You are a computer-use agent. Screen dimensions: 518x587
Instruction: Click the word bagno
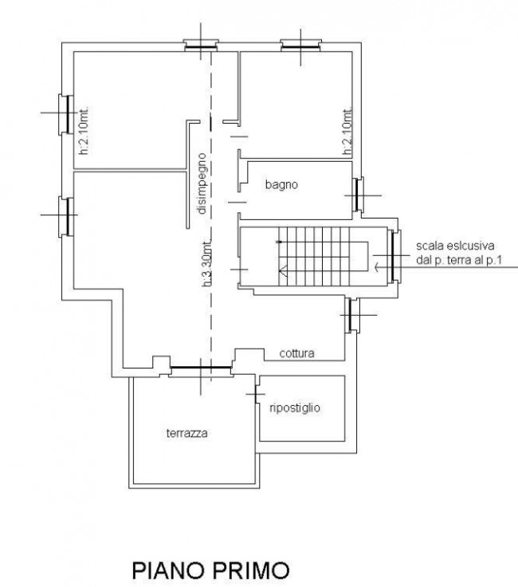(x=281, y=184)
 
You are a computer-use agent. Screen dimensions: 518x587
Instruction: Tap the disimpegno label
(x=202, y=183)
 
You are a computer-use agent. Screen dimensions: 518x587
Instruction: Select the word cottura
(x=296, y=353)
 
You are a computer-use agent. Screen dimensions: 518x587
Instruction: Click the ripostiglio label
(x=295, y=408)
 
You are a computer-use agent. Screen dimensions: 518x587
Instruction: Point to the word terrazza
(x=186, y=433)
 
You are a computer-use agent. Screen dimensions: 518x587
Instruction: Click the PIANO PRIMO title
(x=211, y=570)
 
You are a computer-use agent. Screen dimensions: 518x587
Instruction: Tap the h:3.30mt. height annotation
(x=207, y=263)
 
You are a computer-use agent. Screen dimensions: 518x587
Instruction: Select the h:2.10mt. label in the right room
(x=347, y=132)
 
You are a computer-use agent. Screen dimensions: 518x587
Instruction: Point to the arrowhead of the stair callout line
(x=376, y=267)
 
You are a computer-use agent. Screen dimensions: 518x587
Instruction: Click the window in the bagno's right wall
(x=359, y=195)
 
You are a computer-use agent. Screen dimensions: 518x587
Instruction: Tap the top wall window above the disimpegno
(x=201, y=45)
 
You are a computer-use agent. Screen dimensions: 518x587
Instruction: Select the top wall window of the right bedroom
(x=301, y=45)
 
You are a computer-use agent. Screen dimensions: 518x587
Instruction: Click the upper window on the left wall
(x=66, y=115)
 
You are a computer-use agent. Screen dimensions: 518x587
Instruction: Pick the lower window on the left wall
(x=66, y=216)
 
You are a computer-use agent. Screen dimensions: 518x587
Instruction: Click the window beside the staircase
(x=394, y=256)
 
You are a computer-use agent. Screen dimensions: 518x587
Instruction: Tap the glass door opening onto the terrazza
(x=201, y=368)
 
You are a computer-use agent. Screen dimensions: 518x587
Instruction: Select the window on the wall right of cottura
(x=352, y=315)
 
